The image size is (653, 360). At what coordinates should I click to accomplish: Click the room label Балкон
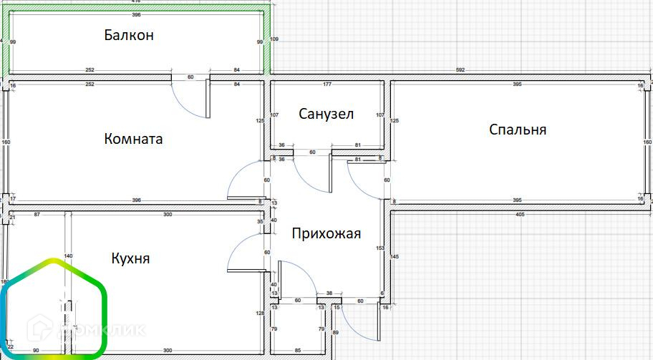(129, 35)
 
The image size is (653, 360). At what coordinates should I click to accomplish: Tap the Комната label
(133, 139)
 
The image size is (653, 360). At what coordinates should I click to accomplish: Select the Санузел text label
(326, 115)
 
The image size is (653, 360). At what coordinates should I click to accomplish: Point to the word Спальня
(518, 130)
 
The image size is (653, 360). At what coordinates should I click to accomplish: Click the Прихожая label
(326, 233)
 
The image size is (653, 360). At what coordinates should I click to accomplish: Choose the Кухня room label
(130, 258)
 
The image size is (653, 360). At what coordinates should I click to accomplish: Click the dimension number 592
(460, 70)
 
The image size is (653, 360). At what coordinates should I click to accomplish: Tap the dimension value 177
(326, 85)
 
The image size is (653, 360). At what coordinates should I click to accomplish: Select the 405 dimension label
(521, 214)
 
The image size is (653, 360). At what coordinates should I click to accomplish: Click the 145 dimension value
(395, 256)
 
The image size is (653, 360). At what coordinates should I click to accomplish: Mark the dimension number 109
(274, 39)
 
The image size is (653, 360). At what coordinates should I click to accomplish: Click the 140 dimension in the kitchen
(69, 256)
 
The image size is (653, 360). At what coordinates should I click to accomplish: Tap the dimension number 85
(297, 351)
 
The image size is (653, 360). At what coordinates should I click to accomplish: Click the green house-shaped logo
(53, 308)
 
